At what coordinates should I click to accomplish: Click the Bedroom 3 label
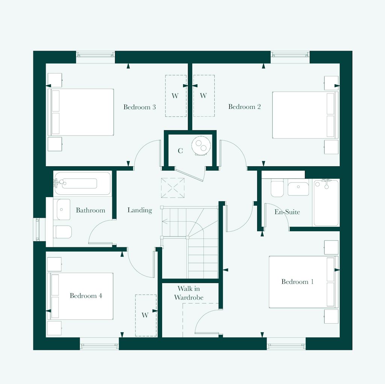click(x=139, y=107)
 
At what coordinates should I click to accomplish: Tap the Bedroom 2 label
click(x=244, y=107)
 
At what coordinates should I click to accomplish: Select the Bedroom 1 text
click(x=297, y=282)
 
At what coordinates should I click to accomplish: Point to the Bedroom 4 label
click(x=86, y=296)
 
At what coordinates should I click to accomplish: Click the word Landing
click(x=139, y=210)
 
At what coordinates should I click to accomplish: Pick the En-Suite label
click(x=287, y=212)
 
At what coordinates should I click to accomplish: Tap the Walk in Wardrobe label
click(x=189, y=293)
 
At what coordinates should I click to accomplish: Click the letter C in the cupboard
click(x=180, y=151)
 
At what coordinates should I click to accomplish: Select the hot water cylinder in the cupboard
click(x=200, y=145)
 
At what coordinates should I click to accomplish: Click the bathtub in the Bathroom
click(x=82, y=183)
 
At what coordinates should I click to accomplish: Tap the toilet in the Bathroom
click(x=62, y=232)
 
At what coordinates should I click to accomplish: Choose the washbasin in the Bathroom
click(x=63, y=209)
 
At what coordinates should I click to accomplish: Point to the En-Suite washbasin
click(x=298, y=188)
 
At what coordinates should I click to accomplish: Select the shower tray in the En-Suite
click(x=326, y=203)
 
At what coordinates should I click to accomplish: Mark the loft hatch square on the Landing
click(x=173, y=188)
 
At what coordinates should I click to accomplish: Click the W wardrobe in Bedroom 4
click(x=146, y=315)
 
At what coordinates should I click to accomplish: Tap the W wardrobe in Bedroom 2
click(x=204, y=96)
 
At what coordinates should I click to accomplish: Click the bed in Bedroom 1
click(x=303, y=282)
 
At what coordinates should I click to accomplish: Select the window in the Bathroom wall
click(x=38, y=230)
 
